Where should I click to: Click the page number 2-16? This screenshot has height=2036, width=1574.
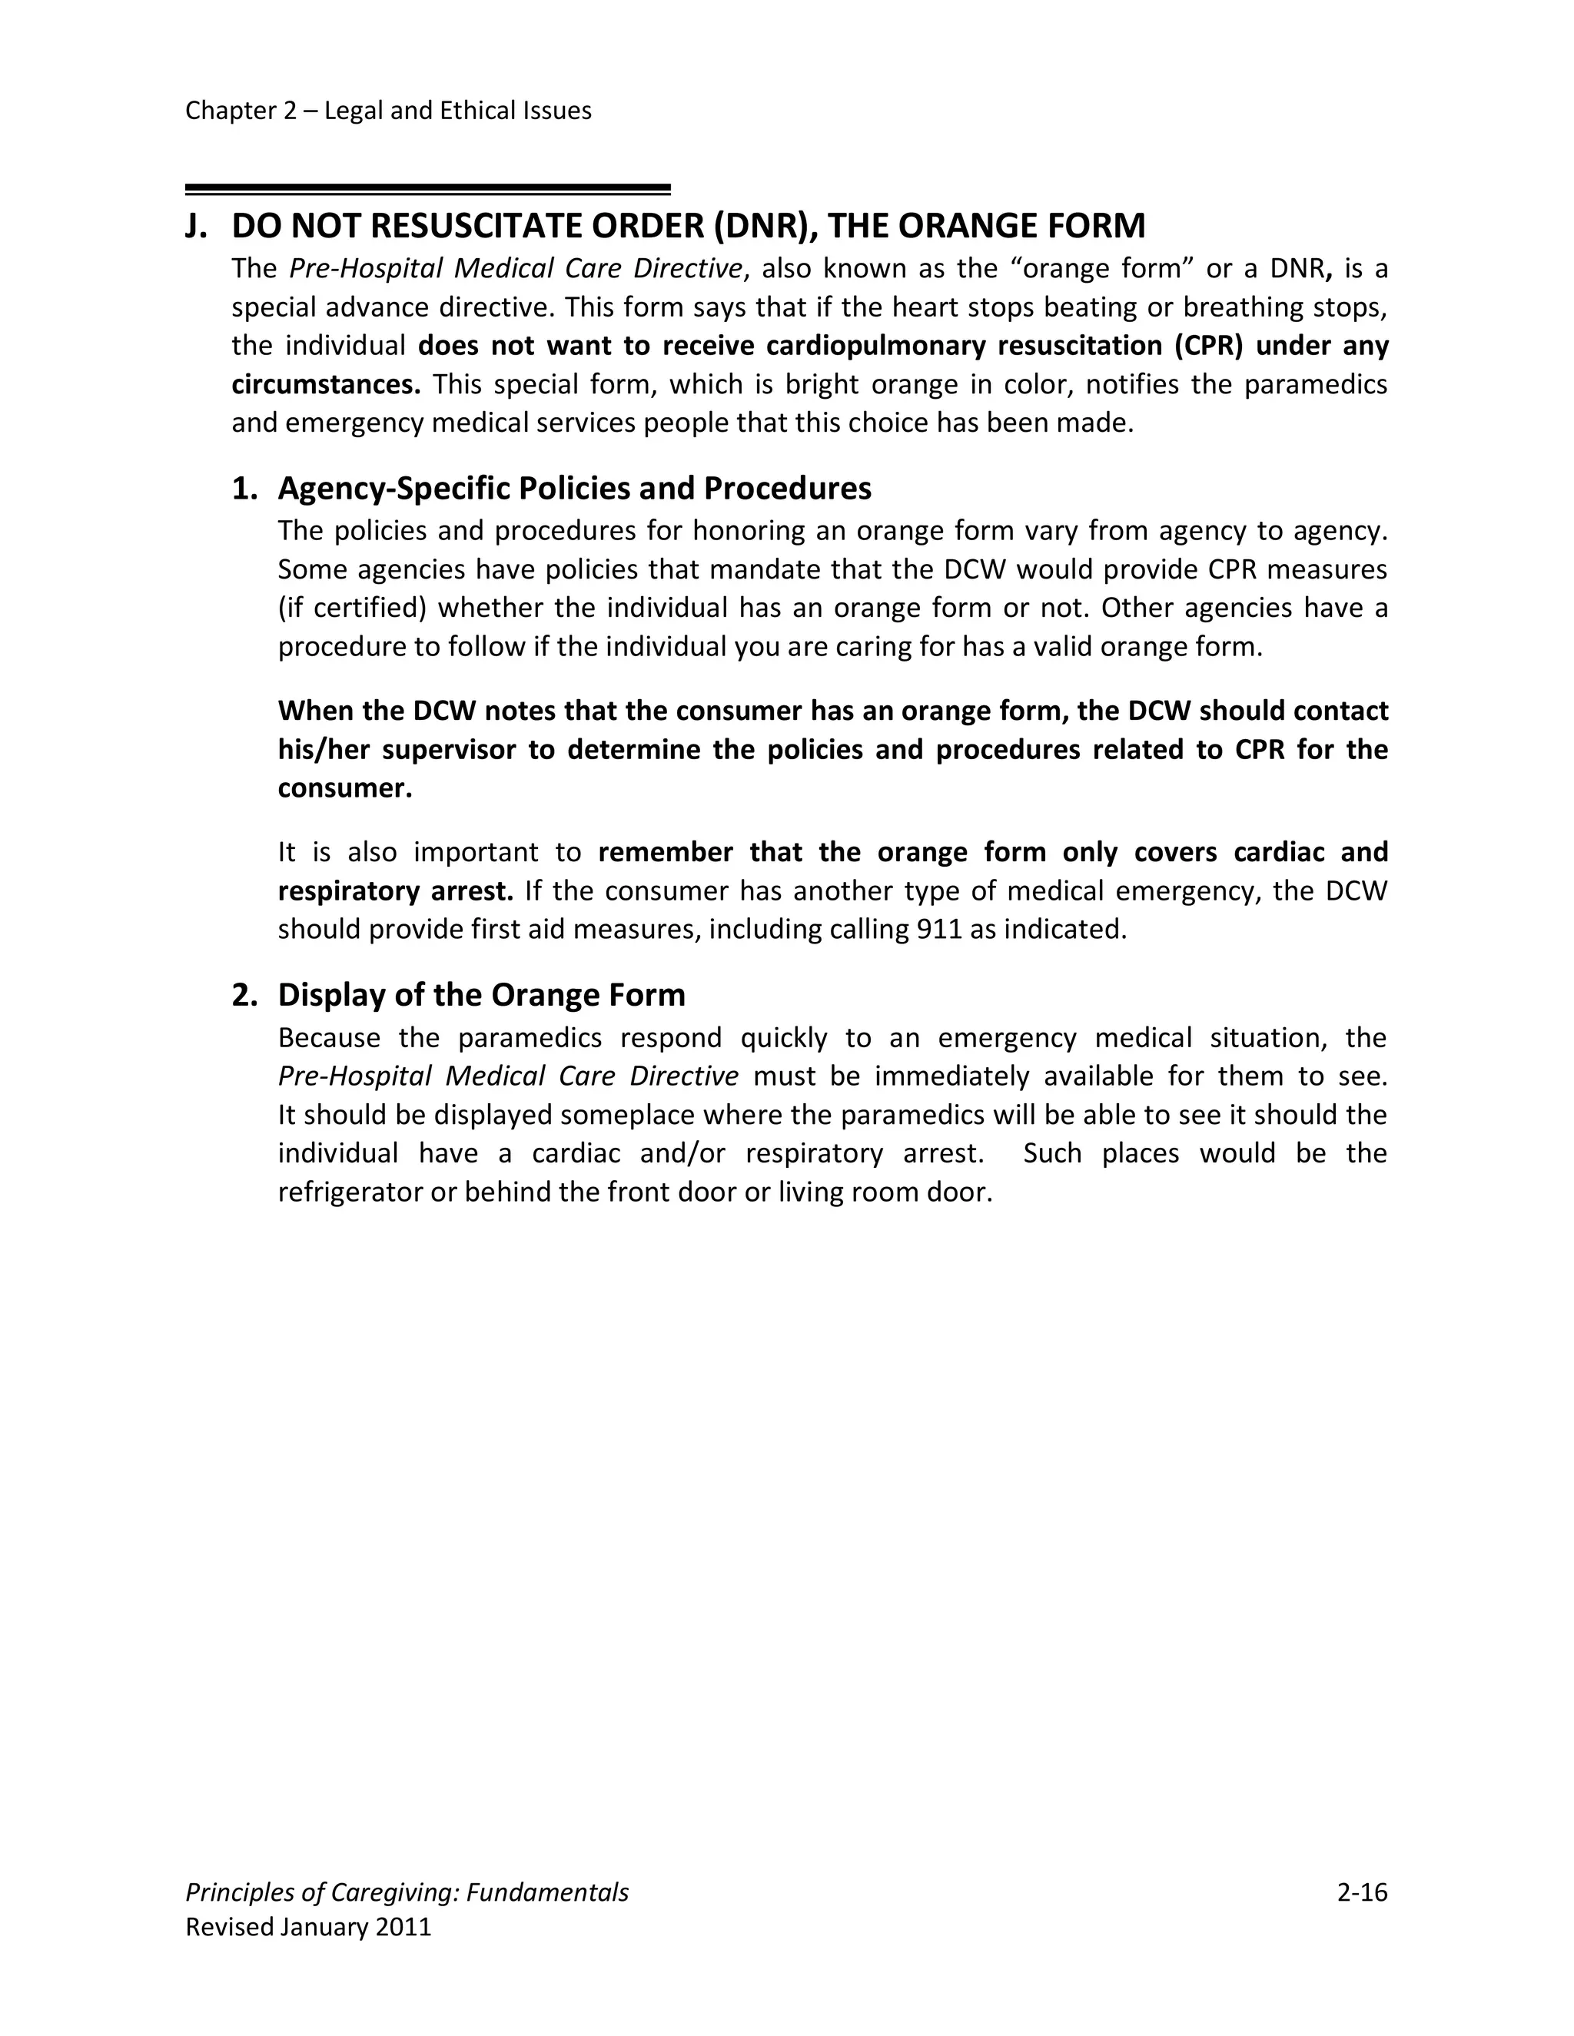(x=1361, y=1892)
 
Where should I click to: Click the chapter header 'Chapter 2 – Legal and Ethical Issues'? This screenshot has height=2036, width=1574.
(x=388, y=111)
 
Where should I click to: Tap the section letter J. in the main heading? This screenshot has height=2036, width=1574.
(x=196, y=227)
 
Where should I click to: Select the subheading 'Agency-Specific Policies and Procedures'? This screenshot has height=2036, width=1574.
(x=574, y=489)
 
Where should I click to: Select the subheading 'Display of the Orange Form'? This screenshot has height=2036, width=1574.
(x=481, y=995)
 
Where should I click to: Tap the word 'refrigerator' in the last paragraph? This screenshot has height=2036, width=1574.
(x=350, y=1192)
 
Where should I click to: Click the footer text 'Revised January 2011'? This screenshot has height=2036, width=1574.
(x=309, y=1927)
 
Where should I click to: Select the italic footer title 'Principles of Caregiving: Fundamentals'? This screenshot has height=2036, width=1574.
(x=407, y=1892)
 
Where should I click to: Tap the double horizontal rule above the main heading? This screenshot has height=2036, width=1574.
(x=428, y=189)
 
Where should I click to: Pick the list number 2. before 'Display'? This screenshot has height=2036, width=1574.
(x=244, y=995)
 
